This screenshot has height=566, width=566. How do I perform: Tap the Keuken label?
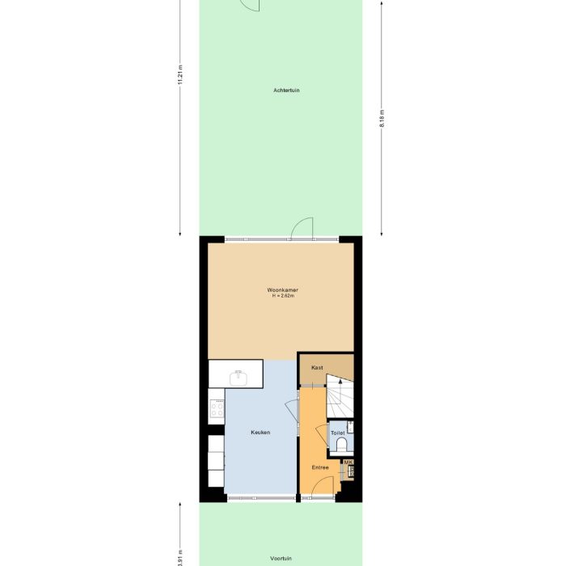(x=260, y=433)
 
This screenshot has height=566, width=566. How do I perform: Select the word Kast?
(x=317, y=368)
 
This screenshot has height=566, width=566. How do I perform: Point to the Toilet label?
(x=338, y=433)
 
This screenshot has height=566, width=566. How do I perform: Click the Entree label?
(x=321, y=467)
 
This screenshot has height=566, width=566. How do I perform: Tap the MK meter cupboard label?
(x=348, y=463)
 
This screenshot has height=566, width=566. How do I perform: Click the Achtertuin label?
(x=286, y=91)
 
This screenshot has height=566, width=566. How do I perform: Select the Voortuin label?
(x=281, y=558)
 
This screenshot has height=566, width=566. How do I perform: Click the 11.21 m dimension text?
(x=180, y=74)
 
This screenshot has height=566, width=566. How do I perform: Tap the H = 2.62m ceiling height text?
(x=283, y=296)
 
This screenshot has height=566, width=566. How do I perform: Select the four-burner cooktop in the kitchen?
(x=217, y=408)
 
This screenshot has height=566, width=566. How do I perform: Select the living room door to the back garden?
(x=302, y=228)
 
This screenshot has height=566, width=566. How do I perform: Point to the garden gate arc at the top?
(x=250, y=6)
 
